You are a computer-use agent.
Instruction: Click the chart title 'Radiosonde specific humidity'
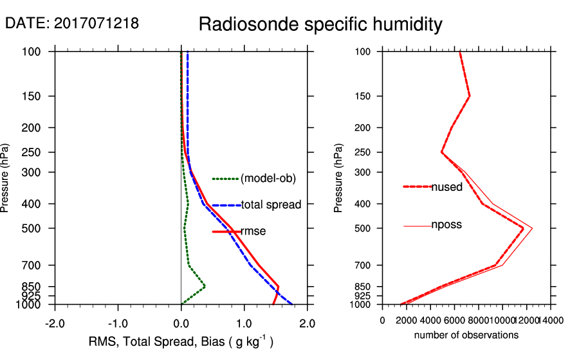click(x=320, y=25)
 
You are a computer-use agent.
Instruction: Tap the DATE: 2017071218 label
click(x=72, y=24)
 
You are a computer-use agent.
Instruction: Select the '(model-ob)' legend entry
click(x=268, y=179)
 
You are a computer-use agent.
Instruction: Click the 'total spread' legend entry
click(x=271, y=205)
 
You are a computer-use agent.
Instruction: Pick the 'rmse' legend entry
click(x=253, y=231)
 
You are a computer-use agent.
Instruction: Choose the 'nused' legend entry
click(x=446, y=187)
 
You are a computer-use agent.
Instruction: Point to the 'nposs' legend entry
click(x=446, y=225)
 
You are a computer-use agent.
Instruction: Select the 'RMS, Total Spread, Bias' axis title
click(x=181, y=342)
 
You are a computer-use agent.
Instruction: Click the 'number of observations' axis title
click(x=466, y=335)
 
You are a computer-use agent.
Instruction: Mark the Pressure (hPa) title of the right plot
click(x=339, y=178)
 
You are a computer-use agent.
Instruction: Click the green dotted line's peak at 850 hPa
click(x=205, y=286)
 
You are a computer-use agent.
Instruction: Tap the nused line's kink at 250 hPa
click(x=441, y=152)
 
